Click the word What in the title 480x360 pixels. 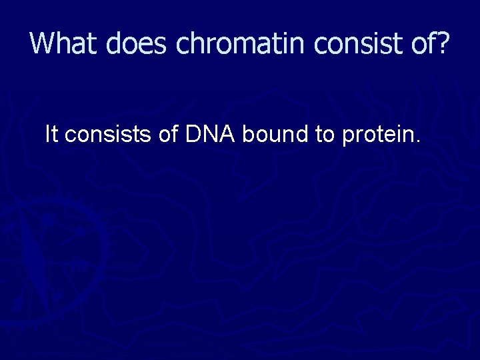59,43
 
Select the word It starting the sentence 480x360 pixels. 51,135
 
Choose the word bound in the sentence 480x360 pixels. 269,135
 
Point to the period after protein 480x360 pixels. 418,142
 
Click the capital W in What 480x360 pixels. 43,43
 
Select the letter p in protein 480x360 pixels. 347,137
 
